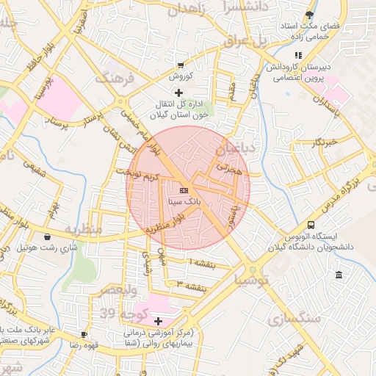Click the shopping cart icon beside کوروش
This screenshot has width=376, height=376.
[181, 65]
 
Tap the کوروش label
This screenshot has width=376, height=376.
[181, 76]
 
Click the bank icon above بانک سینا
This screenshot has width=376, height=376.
[183, 190]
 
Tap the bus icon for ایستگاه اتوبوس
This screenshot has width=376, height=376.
[311, 225]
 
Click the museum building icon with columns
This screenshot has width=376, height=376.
[339, 275]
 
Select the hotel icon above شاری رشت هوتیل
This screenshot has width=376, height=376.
[48, 237]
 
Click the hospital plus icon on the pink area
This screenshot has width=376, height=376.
[158, 321]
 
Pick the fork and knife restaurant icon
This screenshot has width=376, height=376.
[297, 55]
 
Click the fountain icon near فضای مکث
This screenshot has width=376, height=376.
[310, 15]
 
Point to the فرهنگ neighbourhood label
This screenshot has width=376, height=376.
[115, 78]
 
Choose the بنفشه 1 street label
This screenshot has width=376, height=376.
[202, 262]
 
